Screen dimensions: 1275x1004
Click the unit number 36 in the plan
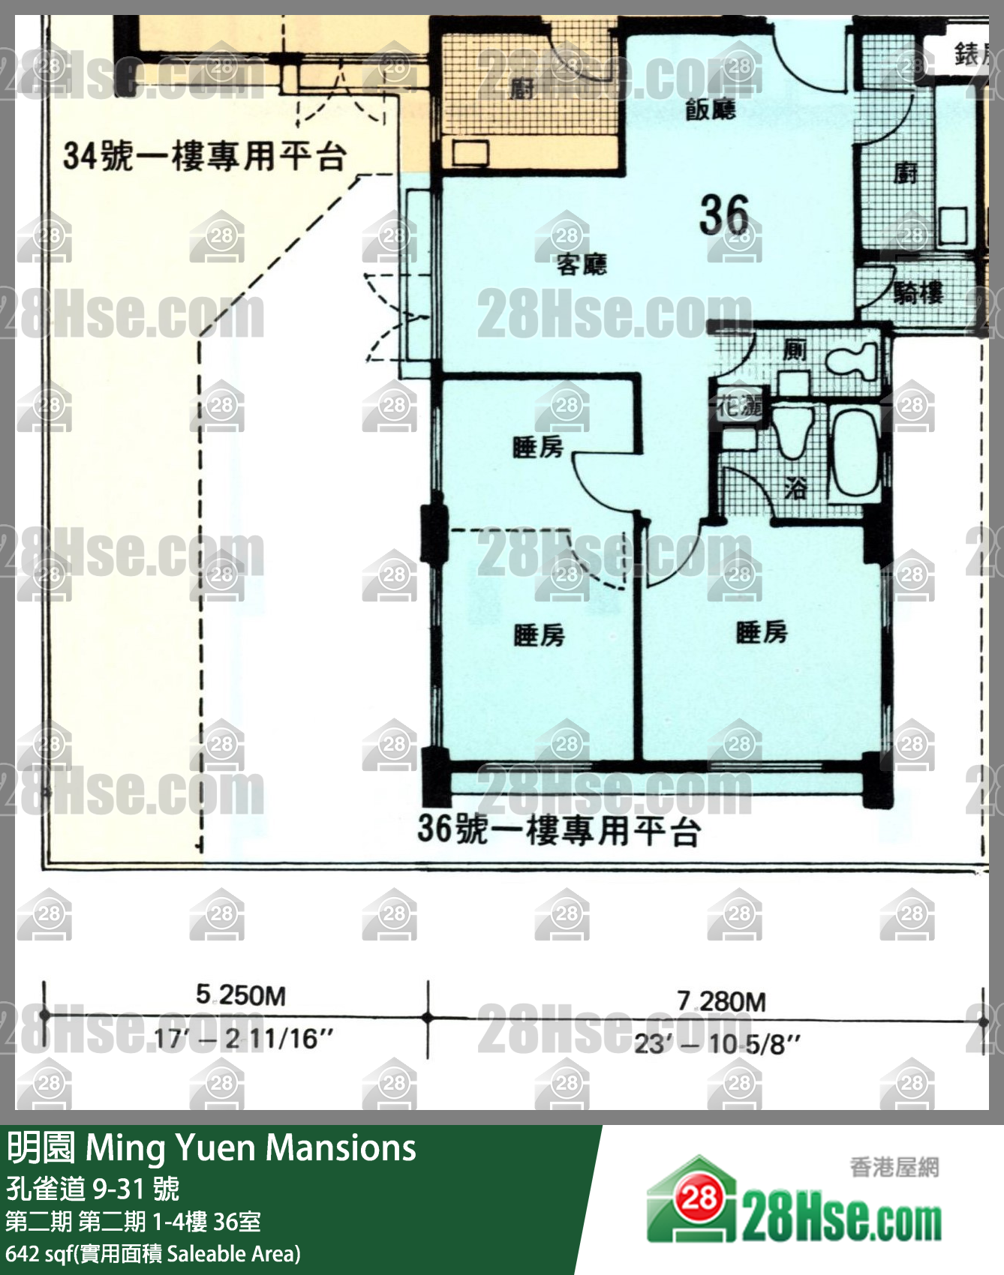click(x=724, y=215)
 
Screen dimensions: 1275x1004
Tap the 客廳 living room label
click(x=582, y=265)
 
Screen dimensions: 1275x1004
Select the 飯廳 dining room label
click(x=710, y=110)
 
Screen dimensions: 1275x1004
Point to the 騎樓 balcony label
click(x=918, y=292)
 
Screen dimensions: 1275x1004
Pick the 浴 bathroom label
click(x=795, y=488)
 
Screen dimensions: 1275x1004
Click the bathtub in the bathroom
click(x=855, y=453)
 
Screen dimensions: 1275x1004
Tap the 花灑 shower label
click(x=739, y=406)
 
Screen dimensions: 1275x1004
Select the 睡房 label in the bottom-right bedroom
click(x=762, y=632)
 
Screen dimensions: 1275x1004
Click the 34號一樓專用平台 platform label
click(x=204, y=156)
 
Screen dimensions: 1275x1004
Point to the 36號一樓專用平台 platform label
click(x=559, y=829)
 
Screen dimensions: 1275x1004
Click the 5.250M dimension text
click(x=241, y=995)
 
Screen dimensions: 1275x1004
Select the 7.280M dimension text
click(x=721, y=1001)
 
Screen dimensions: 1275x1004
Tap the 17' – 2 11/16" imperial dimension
click(x=243, y=1039)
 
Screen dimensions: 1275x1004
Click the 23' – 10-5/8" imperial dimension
click(x=717, y=1044)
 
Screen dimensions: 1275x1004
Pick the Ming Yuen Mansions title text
click(x=251, y=1148)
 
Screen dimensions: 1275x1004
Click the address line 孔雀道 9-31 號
click(x=93, y=1188)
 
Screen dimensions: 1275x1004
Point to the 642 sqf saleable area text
click(x=153, y=1253)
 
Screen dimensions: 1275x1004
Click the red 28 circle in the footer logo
click(x=699, y=1198)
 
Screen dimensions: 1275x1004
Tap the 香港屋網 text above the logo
click(x=894, y=1167)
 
